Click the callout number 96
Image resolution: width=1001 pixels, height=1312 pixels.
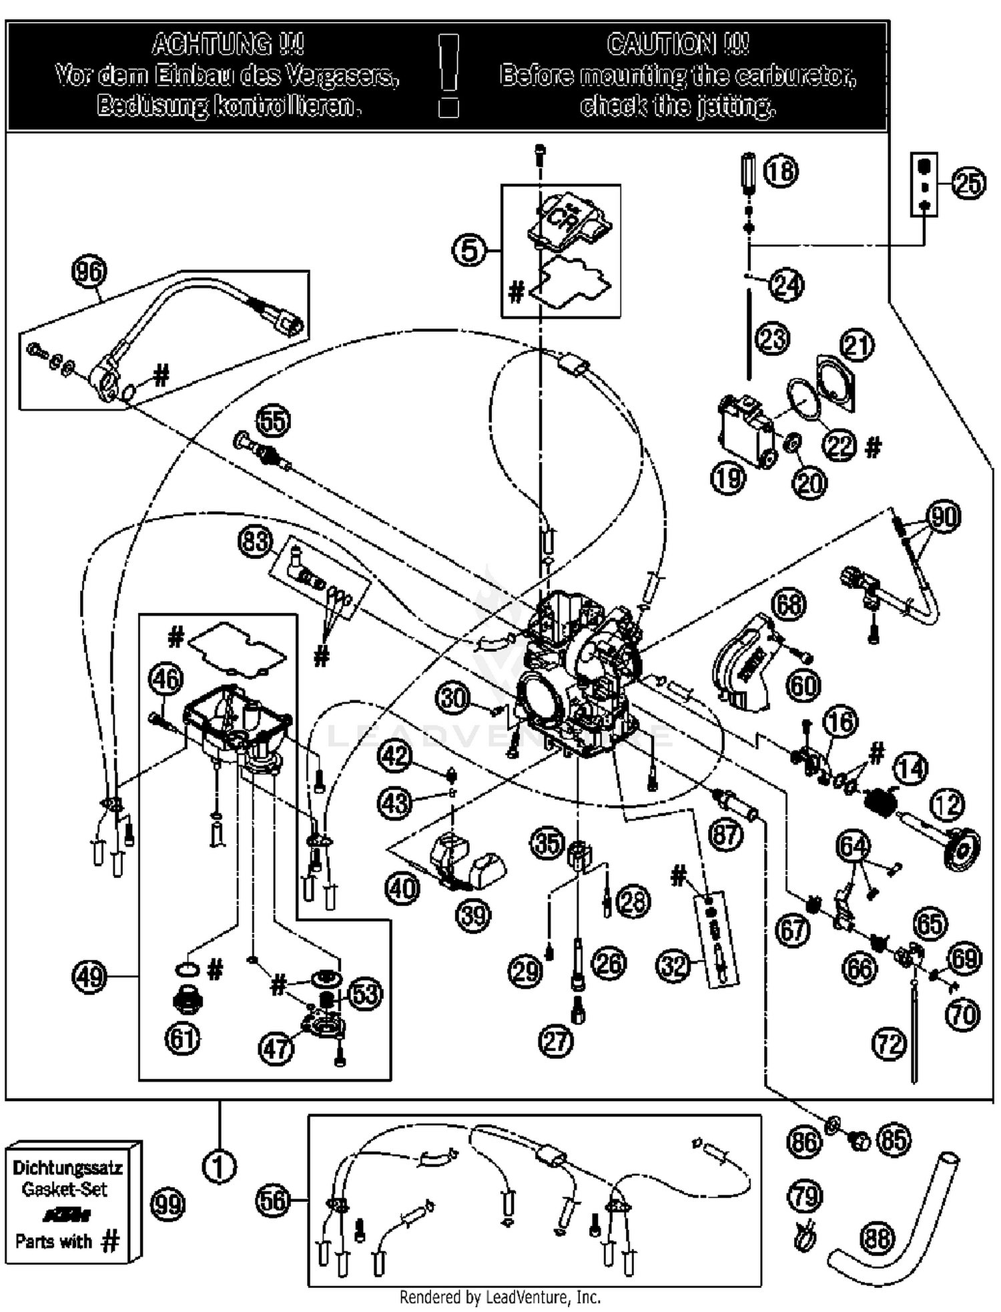point(89,272)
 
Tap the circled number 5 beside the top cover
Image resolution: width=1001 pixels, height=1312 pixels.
point(470,250)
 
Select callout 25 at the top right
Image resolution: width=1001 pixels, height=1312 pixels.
point(968,183)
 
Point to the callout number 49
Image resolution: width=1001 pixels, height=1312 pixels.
point(89,977)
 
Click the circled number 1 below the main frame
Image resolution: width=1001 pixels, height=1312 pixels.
point(219,1166)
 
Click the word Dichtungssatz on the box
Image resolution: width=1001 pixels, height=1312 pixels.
point(67,1168)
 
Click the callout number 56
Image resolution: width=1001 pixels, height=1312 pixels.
point(273,1200)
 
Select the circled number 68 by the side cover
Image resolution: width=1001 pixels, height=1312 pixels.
point(788,604)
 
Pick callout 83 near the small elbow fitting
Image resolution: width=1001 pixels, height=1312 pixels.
point(256,541)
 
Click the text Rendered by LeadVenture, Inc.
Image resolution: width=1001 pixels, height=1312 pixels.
point(500,1297)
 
